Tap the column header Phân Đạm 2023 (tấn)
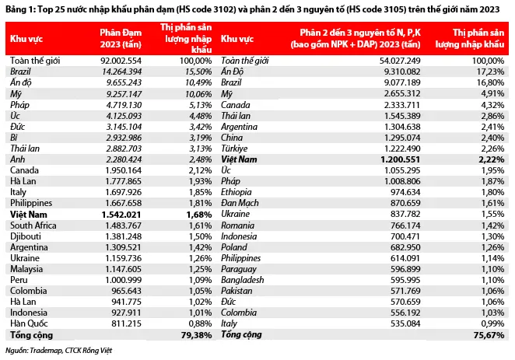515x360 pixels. pos(121,38)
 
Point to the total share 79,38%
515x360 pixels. pos(196,335)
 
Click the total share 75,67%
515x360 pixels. pos(489,335)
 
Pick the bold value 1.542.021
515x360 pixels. pos(121,215)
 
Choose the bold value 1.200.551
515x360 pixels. pos(401,159)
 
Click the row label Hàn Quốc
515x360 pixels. pos(29,323)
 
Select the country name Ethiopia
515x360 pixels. pos(236,192)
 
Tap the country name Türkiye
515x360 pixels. pos(234,149)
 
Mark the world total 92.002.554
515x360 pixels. pos(121,61)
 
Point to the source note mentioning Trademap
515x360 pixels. pos(59,351)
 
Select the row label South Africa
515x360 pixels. pos(33,225)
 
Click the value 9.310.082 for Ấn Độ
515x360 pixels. pos(402,72)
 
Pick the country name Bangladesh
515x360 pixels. pos(243,280)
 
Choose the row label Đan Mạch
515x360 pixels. pos(240,203)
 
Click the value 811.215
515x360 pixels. pos(127,323)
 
